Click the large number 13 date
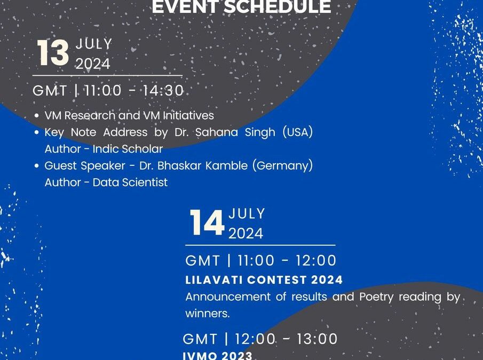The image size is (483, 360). [53, 54]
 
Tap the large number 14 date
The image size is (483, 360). [207, 223]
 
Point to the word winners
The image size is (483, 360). [208, 314]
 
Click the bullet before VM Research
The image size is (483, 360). [36, 116]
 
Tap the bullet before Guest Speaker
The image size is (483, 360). [36, 166]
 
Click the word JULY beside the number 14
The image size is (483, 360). [247, 214]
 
